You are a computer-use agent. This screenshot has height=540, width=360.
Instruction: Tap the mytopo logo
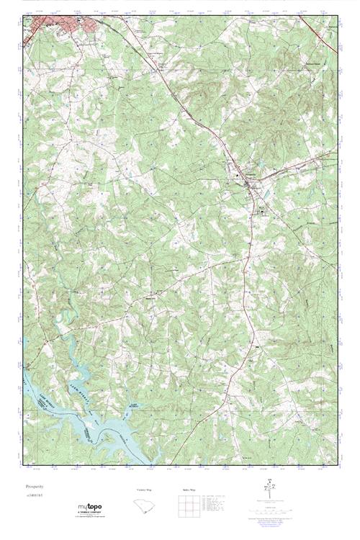pos(90,507)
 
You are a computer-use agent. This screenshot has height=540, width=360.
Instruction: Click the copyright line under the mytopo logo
pos(90,518)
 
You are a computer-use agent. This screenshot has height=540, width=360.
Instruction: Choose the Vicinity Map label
pos(144,490)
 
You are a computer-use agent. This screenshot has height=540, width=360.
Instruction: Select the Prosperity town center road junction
pos(248,184)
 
